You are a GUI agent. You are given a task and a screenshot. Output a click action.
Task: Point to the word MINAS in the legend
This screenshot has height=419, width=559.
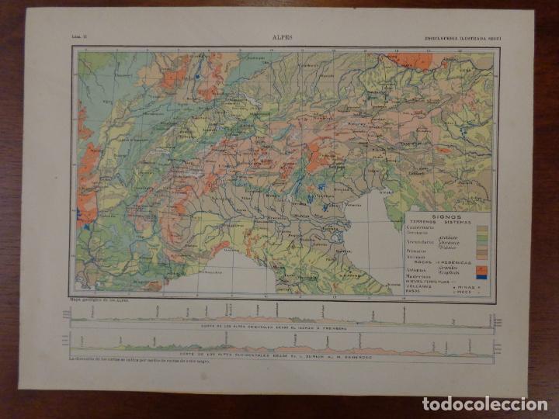464,285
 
